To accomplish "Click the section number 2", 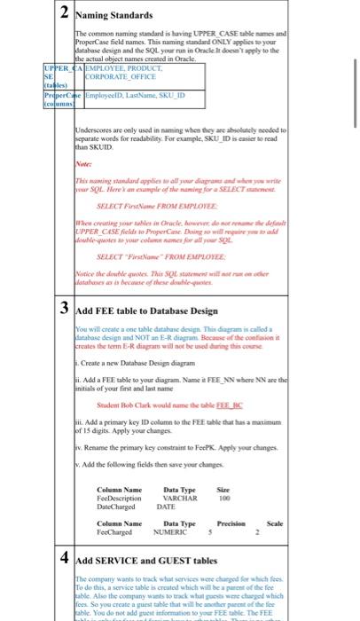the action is (66, 14).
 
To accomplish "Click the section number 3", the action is (66, 334).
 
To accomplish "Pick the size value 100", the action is (223, 498).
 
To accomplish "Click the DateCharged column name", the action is (117, 507).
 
